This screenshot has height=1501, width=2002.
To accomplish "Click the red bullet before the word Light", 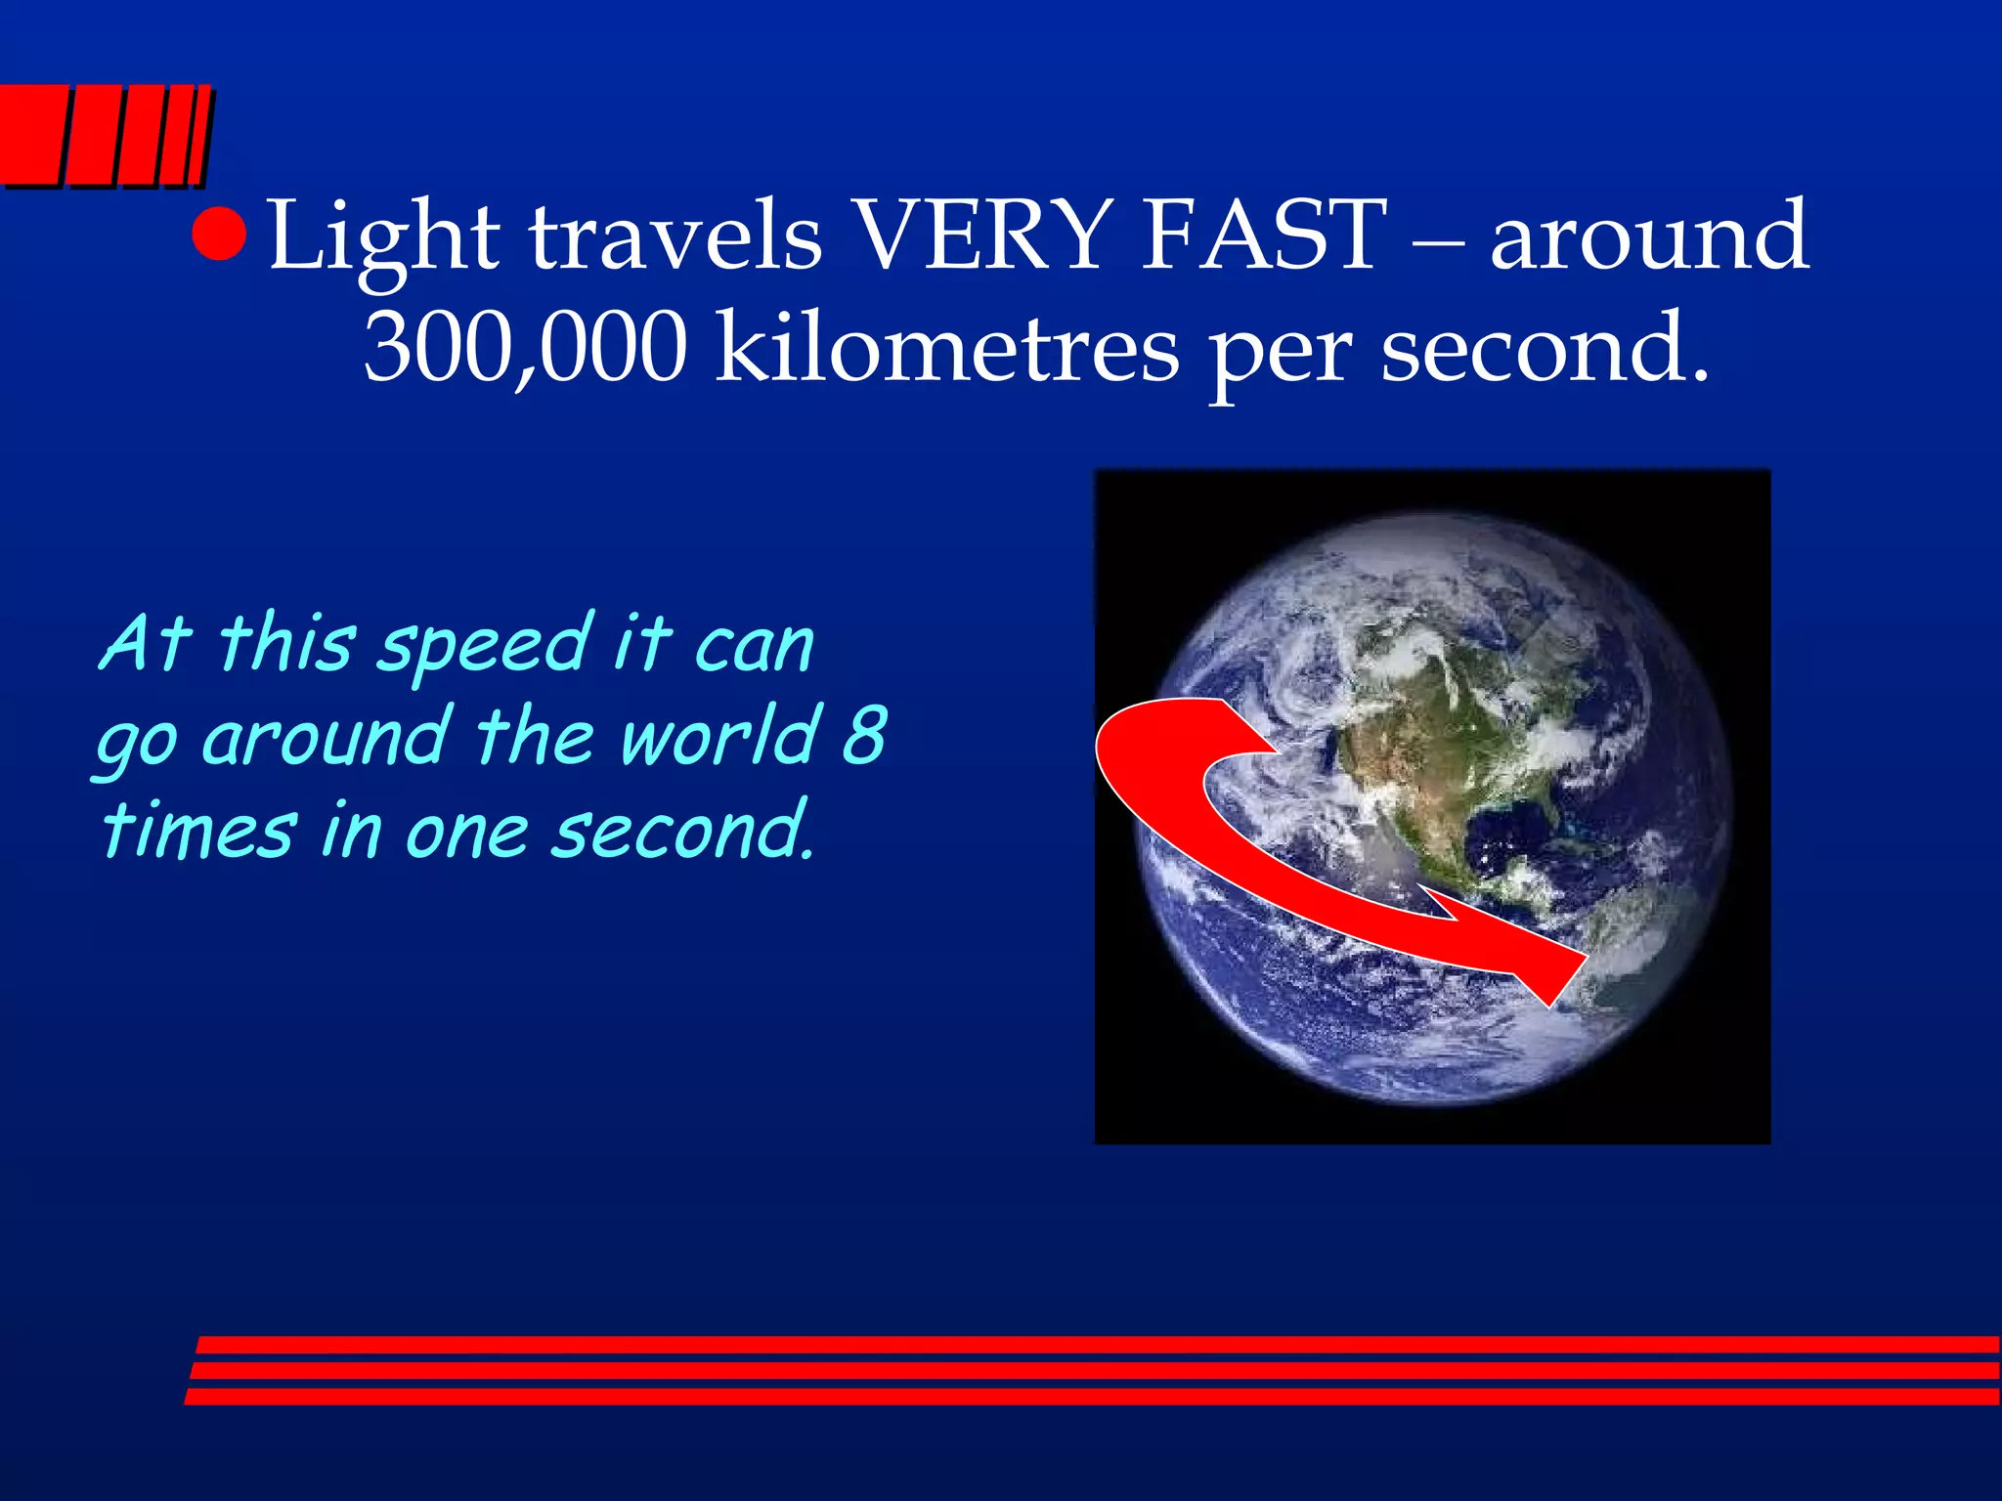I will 218,235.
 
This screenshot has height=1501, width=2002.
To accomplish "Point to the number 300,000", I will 526,347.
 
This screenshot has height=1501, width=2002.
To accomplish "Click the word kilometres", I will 947,347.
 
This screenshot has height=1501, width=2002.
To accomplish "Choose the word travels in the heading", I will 675,237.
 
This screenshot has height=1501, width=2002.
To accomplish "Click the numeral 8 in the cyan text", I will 864,735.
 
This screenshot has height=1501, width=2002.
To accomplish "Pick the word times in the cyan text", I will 198,831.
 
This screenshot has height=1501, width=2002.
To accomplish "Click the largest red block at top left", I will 29,134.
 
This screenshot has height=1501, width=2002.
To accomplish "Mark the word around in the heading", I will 1649,236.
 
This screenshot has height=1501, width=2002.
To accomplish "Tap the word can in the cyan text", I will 754,648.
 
